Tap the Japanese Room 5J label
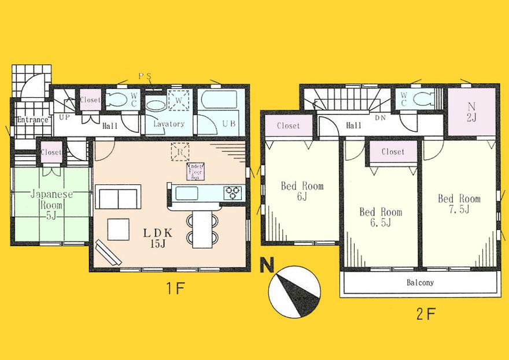pyautogui.click(x=51, y=204)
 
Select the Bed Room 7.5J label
pyautogui.click(x=459, y=204)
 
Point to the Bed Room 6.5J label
pyautogui.click(x=379, y=217)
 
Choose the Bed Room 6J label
pyautogui.click(x=302, y=192)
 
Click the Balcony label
pyautogui.click(x=419, y=283)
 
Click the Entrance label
pyautogui.click(x=32, y=120)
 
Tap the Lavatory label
pyautogui.click(x=168, y=124)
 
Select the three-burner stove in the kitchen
pyautogui.click(x=234, y=191)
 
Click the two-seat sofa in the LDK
pyautogui.click(x=119, y=198)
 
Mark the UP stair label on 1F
pyautogui.click(x=65, y=117)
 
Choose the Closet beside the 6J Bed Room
pyautogui.click(x=288, y=125)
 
